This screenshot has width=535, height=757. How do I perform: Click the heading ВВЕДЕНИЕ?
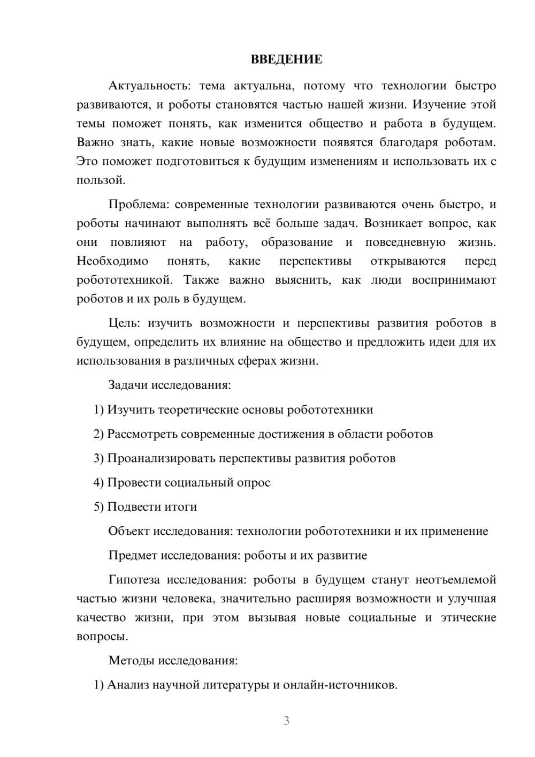tap(286, 59)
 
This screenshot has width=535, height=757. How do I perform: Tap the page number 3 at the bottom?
tap(286, 721)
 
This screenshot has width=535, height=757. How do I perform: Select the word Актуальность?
tap(141, 86)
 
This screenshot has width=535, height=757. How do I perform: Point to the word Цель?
tap(124, 323)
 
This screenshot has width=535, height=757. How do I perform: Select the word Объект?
tap(129, 531)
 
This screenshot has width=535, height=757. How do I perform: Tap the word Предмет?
tap(132, 555)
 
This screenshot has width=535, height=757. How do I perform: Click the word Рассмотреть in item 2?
tap(142, 434)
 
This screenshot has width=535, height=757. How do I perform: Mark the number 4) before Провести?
tap(98, 482)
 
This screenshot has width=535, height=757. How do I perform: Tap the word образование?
tap(296, 243)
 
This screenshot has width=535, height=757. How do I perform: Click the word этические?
tap(468, 617)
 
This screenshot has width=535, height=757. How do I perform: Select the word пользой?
tap(101, 180)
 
